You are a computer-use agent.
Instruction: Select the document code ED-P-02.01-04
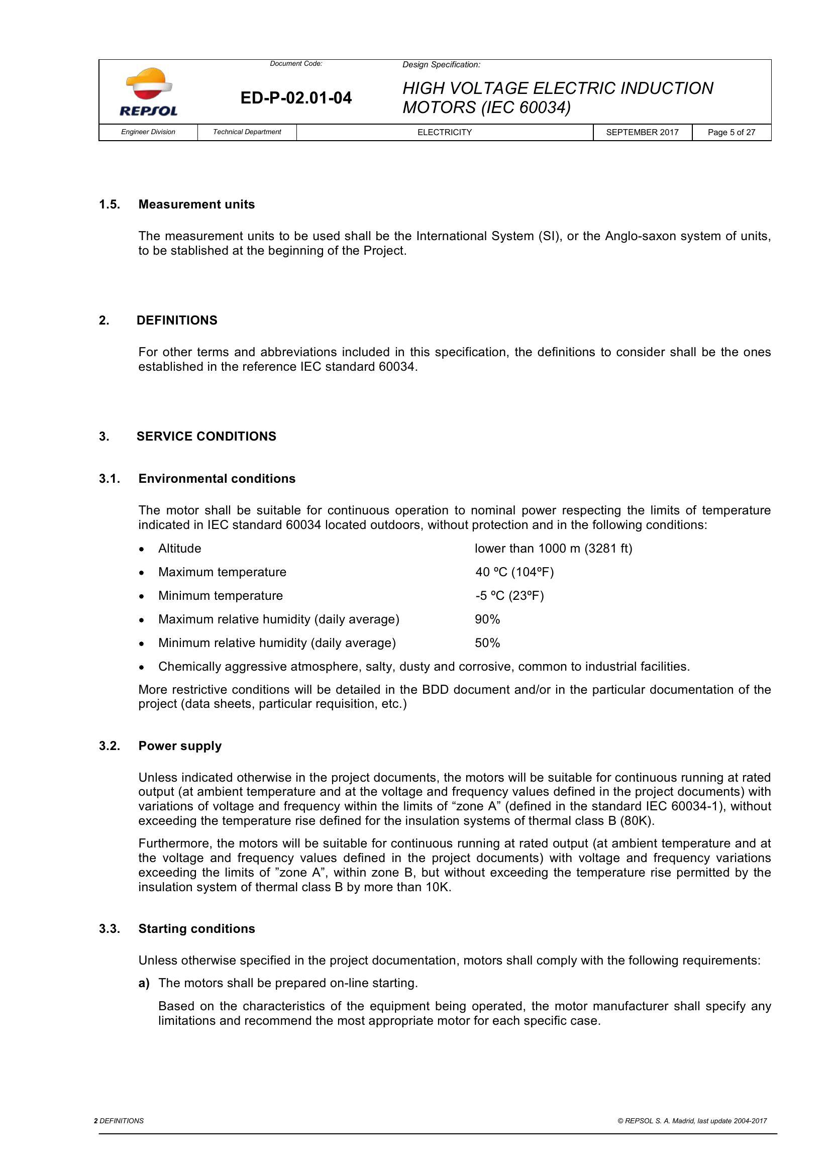click(x=296, y=98)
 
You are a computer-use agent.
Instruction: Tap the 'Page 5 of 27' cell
click(x=731, y=133)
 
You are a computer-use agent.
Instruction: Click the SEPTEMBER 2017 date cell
click(x=642, y=133)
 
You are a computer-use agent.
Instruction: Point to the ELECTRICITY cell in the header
click(x=444, y=133)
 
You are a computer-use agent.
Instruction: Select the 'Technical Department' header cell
click(x=247, y=132)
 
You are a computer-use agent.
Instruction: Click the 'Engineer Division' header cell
click(x=148, y=132)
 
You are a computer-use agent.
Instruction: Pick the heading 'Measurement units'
click(x=196, y=204)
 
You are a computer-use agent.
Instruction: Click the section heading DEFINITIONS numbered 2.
click(x=177, y=321)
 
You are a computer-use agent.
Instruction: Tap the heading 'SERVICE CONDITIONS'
click(x=206, y=436)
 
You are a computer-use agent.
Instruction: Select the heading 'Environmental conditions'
click(x=217, y=479)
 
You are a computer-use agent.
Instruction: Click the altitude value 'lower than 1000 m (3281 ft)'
click(x=553, y=549)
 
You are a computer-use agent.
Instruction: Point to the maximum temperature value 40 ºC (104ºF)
click(x=514, y=572)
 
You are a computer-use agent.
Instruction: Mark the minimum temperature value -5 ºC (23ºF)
click(x=509, y=596)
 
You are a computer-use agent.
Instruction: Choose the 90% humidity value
click(x=487, y=619)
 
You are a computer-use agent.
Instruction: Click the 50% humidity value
click(x=487, y=643)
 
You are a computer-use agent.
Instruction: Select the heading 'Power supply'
click(x=180, y=745)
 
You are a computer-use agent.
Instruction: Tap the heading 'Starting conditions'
click(x=196, y=929)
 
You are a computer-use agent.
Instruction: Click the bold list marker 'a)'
click(x=144, y=983)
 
